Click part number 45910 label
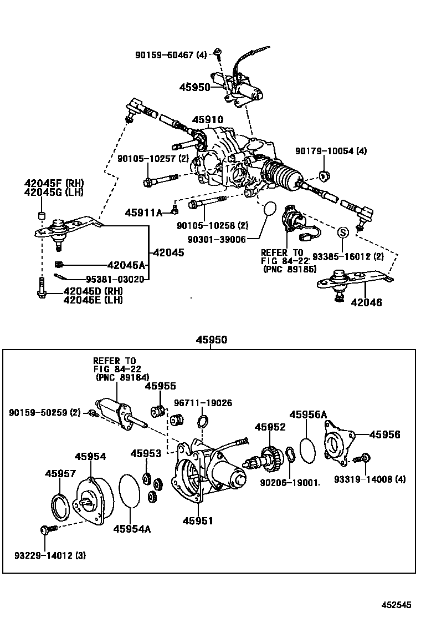coord(208,120)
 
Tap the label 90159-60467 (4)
coord(171,54)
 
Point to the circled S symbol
coord(342,231)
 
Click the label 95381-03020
coord(115,279)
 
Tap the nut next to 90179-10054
coord(326,176)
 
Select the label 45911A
coord(143,212)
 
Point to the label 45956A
coord(308,414)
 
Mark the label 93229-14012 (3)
coord(50,555)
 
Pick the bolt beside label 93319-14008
coord(366,459)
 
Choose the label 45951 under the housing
coord(198,520)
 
